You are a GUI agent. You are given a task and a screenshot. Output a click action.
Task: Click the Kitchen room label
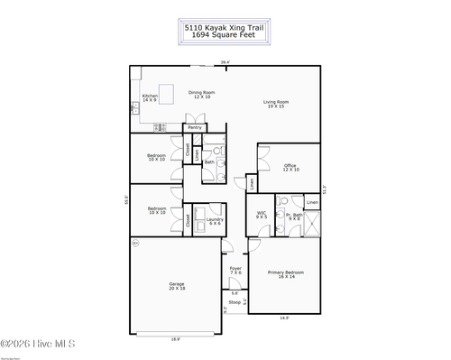[150, 97]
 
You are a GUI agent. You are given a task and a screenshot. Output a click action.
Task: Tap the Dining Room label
[200, 94]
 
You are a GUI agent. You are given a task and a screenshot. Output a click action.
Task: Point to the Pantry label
[195, 127]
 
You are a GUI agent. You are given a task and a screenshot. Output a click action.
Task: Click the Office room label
[290, 167]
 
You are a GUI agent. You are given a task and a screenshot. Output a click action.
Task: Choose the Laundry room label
[215, 221]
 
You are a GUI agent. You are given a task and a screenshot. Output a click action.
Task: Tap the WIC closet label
[262, 216]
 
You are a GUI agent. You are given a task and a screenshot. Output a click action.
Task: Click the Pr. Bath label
[294, 216]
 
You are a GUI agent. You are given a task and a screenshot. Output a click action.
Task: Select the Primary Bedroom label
[285, 273]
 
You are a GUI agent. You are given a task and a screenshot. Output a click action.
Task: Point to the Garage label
[177, 286]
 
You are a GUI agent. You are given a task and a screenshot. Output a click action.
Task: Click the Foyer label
[235, 270]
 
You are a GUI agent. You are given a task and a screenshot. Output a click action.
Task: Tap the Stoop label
[235, 302]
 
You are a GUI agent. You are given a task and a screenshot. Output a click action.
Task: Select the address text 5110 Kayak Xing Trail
[225, 28]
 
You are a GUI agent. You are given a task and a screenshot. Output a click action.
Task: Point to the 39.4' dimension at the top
[225, 62]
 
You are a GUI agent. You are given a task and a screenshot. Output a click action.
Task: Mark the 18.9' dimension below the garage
[177, 339]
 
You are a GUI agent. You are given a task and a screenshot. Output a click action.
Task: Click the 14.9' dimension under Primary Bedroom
[284, 318]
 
